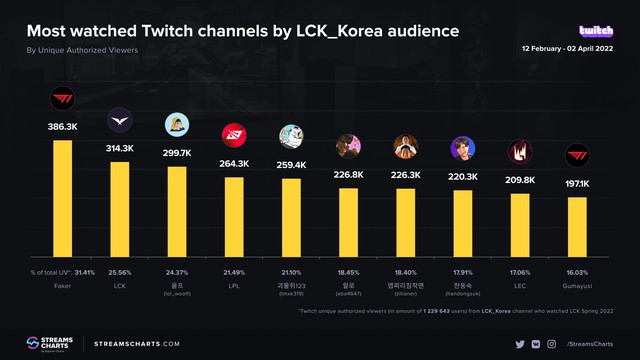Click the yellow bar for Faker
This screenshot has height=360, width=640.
coord(62,200)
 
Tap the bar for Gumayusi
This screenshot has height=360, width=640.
coord(576,228)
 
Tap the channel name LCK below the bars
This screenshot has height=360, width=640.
coord(119,285)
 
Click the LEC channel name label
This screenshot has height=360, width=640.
coord(519,285)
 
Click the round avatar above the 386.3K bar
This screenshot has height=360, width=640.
coord(62,100)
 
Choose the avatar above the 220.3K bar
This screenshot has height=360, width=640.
coord(462,149)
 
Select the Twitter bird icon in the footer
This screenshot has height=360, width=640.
coord(520,343)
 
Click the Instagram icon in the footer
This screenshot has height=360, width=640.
coord(551,343)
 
